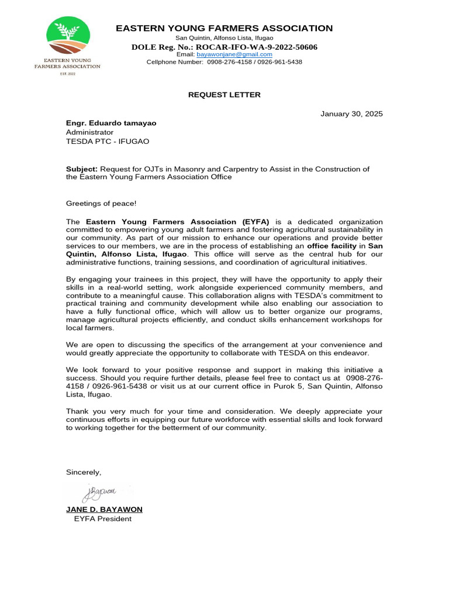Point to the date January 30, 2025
pos(351,113)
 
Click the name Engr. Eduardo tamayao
pos(111,123)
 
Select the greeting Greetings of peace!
pos(101,203)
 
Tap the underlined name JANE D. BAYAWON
pos(104,510)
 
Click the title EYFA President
pos(102,518)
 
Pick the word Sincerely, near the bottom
pos(84,472)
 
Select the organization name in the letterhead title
pos(224,28)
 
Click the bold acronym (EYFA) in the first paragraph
pos(254,222)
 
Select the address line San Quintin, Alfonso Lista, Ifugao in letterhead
pos(224,37)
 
